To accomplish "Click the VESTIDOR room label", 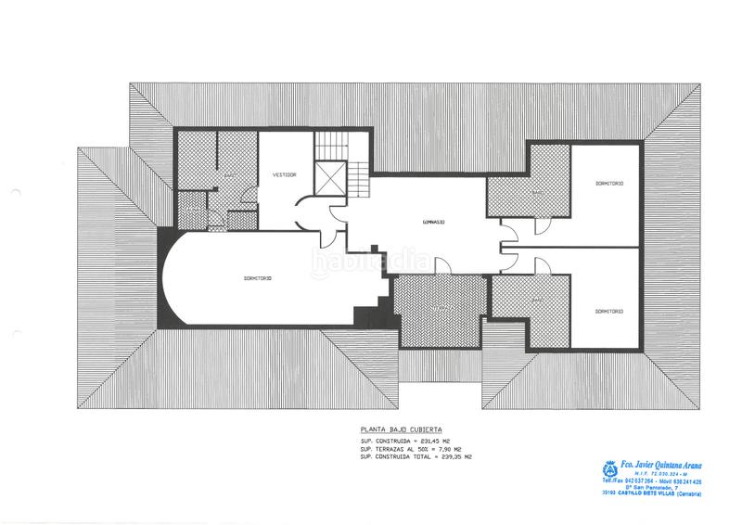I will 284,174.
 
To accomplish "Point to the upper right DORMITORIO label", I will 609,184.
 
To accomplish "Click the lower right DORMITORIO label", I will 609,311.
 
